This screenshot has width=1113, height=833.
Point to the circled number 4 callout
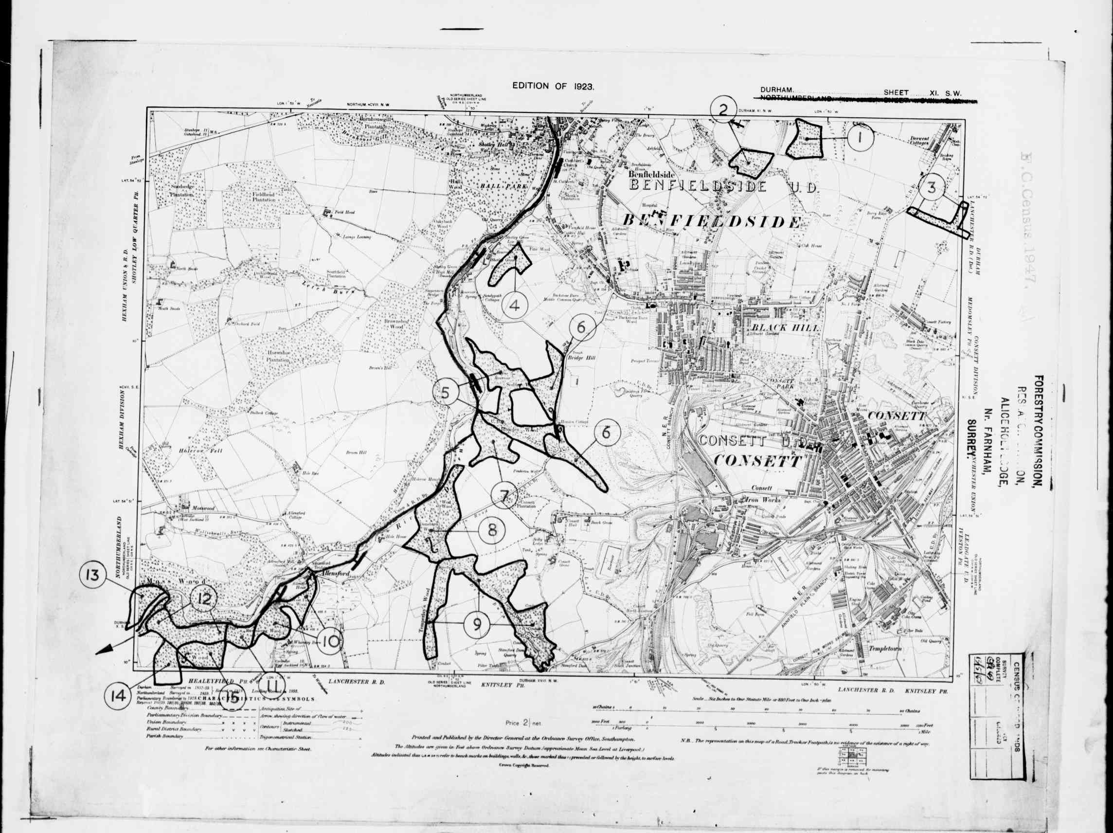click(x=514, y=305)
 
